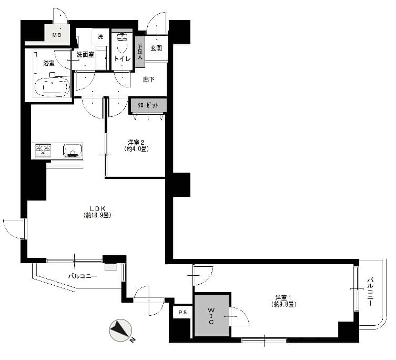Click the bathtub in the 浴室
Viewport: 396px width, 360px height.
(x=52, y=87)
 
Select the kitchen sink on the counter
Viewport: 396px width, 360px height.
(x=73, y=151)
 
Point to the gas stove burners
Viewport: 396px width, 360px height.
(x=43, y=151)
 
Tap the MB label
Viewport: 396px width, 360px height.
(x=57, y=35)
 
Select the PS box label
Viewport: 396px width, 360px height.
(x=183, y=312)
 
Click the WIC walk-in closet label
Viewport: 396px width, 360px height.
(x=211, y=316)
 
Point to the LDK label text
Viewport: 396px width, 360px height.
(x=97, y=208)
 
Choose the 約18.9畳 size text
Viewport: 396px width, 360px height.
(x=97, y=215)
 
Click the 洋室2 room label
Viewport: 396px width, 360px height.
(x=136, y=142)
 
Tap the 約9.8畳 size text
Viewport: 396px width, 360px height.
(x=283, y=304)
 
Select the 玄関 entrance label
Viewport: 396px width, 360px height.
(x=156, y=48)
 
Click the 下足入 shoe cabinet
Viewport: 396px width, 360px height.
(x=140, y=52)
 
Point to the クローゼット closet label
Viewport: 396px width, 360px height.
(x=148, y=105)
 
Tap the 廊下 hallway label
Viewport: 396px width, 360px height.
(x=149, y=79)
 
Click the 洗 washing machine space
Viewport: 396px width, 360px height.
(x=100, y=37)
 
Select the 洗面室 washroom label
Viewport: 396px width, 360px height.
(x=85, y=55)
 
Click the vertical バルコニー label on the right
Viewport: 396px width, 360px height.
(x=370, y=292)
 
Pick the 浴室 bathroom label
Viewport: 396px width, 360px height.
(x=49, y=63)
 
